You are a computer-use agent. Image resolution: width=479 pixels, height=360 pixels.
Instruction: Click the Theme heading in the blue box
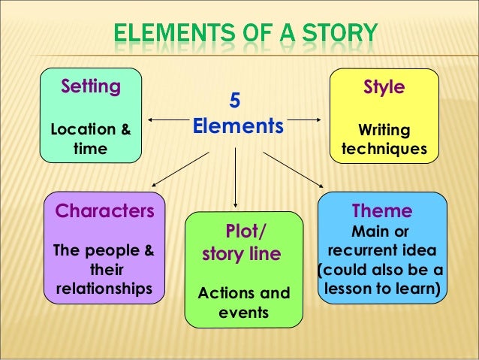(382, 210)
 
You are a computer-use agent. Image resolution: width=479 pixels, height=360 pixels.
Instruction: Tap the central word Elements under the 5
(239, 125)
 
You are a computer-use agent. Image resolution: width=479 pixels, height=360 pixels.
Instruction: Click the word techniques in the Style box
(384, 149)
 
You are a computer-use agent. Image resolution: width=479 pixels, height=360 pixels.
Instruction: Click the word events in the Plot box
(243, 310)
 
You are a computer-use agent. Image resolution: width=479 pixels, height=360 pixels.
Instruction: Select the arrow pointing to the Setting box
(167, 119)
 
